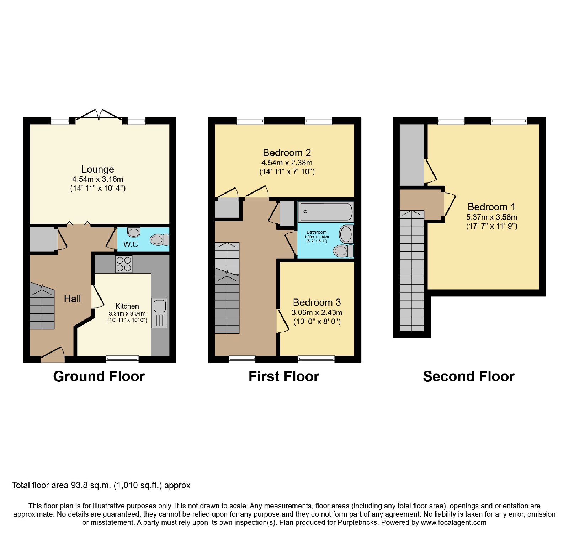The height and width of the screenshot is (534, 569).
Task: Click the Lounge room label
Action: [97, 169]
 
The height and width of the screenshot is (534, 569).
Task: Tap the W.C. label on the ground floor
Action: [132, 244]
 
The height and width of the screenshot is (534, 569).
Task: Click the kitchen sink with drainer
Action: [160, 313]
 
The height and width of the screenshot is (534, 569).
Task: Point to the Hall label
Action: [72, 299]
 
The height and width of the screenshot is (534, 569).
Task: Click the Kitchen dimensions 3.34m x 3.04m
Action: [127, 314]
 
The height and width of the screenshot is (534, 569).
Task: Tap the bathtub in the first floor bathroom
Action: [326, 212]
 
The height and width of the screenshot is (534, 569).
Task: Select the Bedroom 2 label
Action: [287, 153]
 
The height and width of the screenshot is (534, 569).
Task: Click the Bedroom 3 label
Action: [317, 302]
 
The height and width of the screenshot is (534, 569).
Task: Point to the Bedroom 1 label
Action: [491, 207]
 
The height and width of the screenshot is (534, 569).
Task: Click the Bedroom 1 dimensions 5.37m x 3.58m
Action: [492, 217]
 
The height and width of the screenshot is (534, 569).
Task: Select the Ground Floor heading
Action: [99, 376]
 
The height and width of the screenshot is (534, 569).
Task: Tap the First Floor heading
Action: [284, 376]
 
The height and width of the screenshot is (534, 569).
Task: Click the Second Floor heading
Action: [469, 376]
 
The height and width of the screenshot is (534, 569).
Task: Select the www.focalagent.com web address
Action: [453, 523]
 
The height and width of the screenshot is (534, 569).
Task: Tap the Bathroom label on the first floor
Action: [317, 232]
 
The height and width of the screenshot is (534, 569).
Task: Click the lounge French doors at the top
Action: [99, 115]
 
